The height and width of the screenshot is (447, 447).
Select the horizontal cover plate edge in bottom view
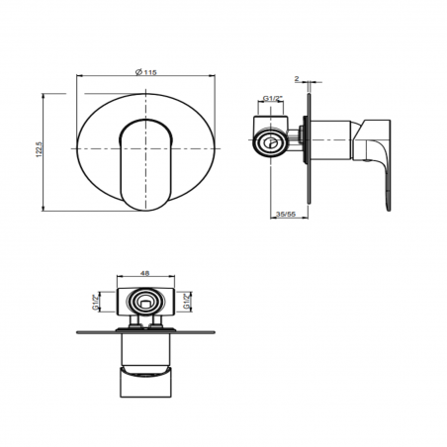(145, 329)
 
